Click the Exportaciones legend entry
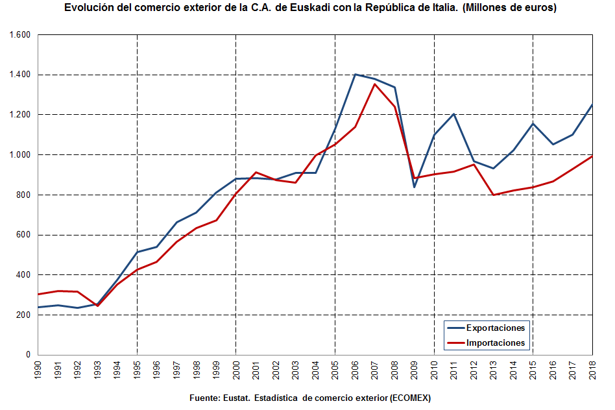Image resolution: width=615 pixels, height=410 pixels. (x=496, y=328)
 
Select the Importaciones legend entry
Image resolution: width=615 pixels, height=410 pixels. (x=496, y=343)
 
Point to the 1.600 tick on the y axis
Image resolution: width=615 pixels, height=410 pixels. (x=21, y=34)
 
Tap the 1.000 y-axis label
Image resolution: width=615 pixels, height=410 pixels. (x=21, y=154)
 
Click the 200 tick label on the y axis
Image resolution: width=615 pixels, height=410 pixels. (x=24, y=315)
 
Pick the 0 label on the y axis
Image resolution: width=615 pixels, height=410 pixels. (x=29, y=355)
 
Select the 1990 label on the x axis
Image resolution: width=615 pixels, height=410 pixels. (x=38, y=370)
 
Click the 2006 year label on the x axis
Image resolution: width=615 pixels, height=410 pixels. (x=355, y=370)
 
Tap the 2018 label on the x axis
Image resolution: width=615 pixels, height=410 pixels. (x=592, y=370)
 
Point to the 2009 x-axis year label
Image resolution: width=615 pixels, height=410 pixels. (x=414, y=370)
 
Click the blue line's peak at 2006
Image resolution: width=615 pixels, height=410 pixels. (x=355, y=74)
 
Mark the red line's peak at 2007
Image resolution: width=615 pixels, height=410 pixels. (x=374, y=84)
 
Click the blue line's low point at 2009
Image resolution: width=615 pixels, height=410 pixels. (x=414, y=187)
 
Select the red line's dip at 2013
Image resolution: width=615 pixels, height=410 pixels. (x=493, y=195)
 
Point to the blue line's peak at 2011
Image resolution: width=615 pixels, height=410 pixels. (x=453, y=114)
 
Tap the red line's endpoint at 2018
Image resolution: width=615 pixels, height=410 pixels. (x=592, y=156)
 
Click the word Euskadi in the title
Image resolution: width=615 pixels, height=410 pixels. (x=298, y=8)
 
